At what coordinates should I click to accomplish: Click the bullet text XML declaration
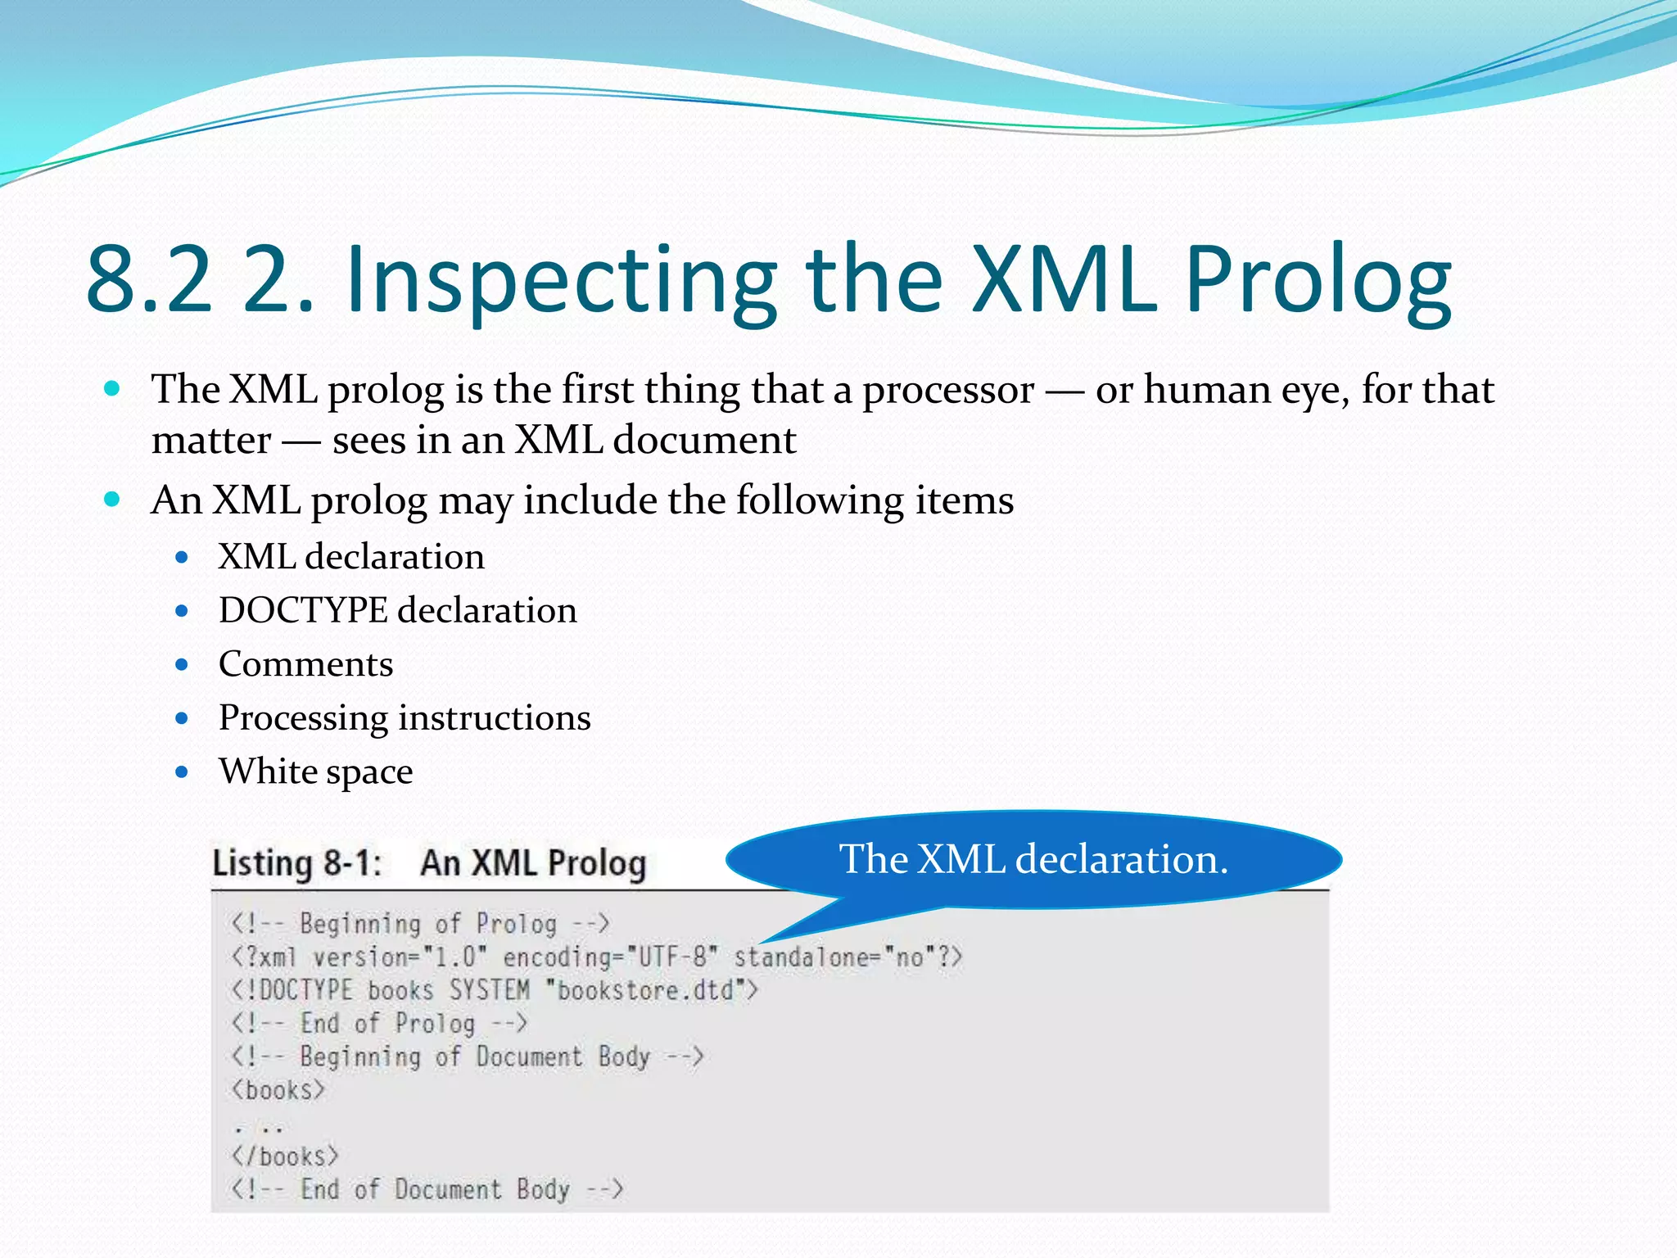click(x=351, y=557)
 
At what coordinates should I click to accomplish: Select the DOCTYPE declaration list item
click(x=397, y=611)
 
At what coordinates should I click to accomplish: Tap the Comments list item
click(x=305, y=664)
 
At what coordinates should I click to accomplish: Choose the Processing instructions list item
click(x=405, y=718)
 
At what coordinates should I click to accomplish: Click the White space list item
click(x=315, y=772)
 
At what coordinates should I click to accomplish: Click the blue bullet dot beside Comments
click(x=182, y=664)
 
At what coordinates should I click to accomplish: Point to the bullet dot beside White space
click(x=182, y=772)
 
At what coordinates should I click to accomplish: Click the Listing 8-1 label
click(x=297, y=864)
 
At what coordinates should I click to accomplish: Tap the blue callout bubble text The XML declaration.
click(x=1033, y=860)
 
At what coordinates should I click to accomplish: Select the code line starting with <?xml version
click(x=596, y=957)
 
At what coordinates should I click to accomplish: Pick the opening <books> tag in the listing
click(x=278, y=1091)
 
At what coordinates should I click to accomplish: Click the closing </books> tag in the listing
click(x=284, y=1157)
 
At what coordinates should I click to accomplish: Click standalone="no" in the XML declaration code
click(x=848, y=957)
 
